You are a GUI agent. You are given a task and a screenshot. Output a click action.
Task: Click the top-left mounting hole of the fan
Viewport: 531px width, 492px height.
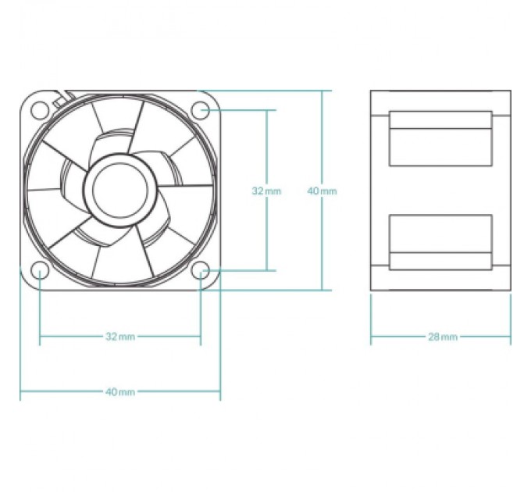tap(40, 110)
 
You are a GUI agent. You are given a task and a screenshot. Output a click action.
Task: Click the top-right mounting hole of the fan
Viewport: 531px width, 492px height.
tap(200, 110)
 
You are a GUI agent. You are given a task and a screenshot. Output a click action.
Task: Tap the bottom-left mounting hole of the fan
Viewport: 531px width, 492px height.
tap(40, 270)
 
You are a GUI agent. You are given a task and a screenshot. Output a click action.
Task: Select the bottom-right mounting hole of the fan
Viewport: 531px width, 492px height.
tap(200, 270)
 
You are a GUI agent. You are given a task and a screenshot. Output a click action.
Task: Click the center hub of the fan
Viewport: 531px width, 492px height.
tap(120, 191)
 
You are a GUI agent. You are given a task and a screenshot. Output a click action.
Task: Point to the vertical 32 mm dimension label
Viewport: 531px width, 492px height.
tap(266, 191)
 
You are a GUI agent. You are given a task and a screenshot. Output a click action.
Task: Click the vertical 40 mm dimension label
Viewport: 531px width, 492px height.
tap(322, 191)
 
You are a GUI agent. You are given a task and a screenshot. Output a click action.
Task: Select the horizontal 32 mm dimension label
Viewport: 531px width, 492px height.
tap(120, 337)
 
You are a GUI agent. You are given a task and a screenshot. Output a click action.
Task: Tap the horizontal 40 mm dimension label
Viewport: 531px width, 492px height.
tap(120, 392)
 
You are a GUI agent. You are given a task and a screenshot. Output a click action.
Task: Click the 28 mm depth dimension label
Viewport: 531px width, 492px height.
tap(443, 337)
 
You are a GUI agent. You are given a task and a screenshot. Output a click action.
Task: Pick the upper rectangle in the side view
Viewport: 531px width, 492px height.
tap(440, 138)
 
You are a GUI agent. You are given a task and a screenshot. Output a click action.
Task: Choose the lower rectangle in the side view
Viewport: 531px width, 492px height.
tap(440, 242)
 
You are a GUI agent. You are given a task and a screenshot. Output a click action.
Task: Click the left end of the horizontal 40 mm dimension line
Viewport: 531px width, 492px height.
tap(20, 391)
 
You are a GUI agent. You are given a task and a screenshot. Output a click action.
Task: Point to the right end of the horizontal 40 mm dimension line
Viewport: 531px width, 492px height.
tap(220, 391)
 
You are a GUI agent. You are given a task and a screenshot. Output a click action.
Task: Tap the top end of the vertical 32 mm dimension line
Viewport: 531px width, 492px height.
tap(267, 110)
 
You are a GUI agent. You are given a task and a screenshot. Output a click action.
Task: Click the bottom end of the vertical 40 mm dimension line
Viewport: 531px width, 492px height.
tap(322, 291)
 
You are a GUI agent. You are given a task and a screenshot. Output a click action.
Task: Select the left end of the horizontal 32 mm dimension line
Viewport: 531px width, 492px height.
tap(40, 337)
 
